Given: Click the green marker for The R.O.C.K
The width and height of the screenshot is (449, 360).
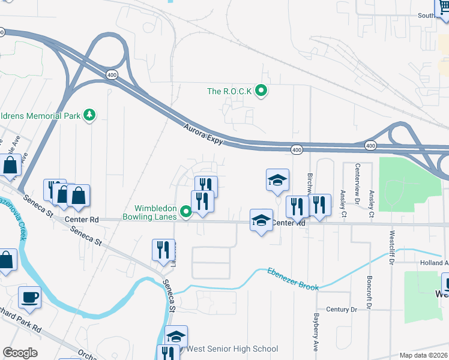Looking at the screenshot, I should pos(261,91).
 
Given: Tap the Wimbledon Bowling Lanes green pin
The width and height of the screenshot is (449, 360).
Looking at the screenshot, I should pos(186,211).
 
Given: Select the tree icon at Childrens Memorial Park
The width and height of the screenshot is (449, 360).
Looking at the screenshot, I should pos(89,114).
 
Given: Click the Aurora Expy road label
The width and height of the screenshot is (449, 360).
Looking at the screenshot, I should pos(203,134).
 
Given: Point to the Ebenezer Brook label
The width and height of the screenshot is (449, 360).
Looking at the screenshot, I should pos(293,279).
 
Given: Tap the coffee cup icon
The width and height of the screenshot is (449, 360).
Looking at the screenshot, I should pos(29,296).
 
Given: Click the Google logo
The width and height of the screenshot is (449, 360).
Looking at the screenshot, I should pos(20,353).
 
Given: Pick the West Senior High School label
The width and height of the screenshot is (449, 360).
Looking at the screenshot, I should pos(232,349).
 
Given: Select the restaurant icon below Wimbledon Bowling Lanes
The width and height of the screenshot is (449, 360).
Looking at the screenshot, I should pos(163,248).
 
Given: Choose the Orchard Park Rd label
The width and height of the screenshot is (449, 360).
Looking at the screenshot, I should pos(20,329).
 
